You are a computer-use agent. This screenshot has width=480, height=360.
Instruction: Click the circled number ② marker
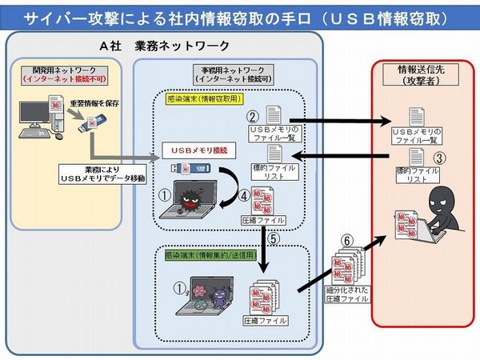[250, 115]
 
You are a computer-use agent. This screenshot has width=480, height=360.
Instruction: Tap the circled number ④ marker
[243, 194]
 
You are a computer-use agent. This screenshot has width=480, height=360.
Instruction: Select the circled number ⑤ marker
[274, 238]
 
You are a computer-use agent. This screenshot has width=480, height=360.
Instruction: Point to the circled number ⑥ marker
[346, 240]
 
